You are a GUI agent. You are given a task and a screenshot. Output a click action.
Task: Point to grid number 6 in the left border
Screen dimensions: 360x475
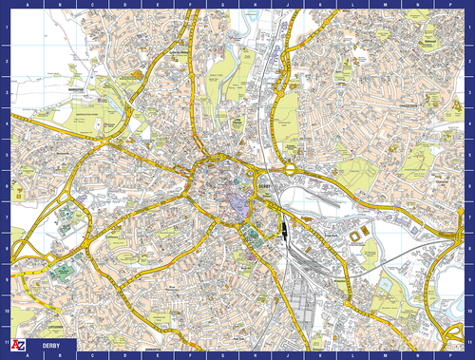5,189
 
